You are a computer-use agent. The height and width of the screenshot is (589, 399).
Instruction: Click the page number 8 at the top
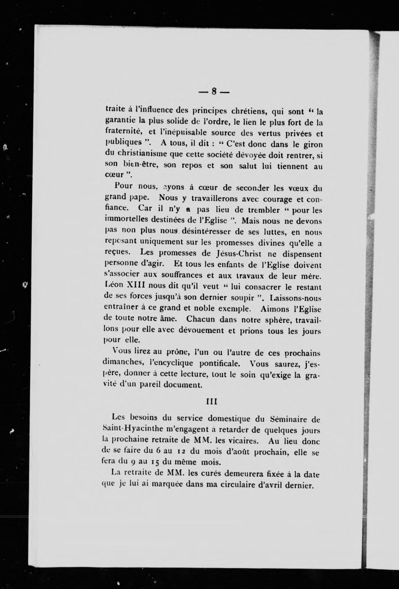(214, 91)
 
